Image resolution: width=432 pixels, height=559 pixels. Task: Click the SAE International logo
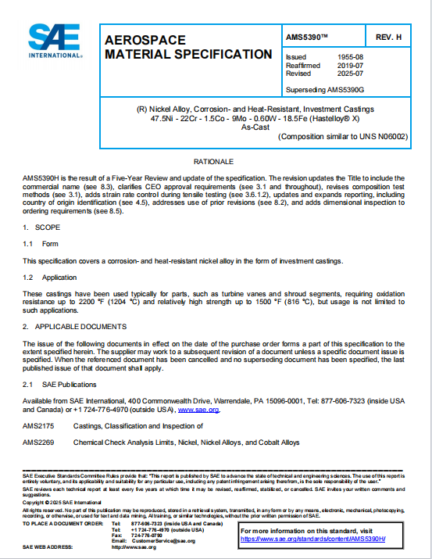coord(55,40)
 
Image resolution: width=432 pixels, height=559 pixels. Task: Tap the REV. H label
coord(387,37)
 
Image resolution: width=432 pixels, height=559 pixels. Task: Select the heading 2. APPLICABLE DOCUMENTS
coord(74,326)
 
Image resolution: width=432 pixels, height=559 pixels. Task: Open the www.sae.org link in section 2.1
coord(199,409)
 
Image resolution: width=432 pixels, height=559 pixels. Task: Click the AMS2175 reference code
coord(37,426)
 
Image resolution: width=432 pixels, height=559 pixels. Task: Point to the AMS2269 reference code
coord(37,443)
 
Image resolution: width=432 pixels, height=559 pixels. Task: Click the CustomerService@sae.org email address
coord(165,541)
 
